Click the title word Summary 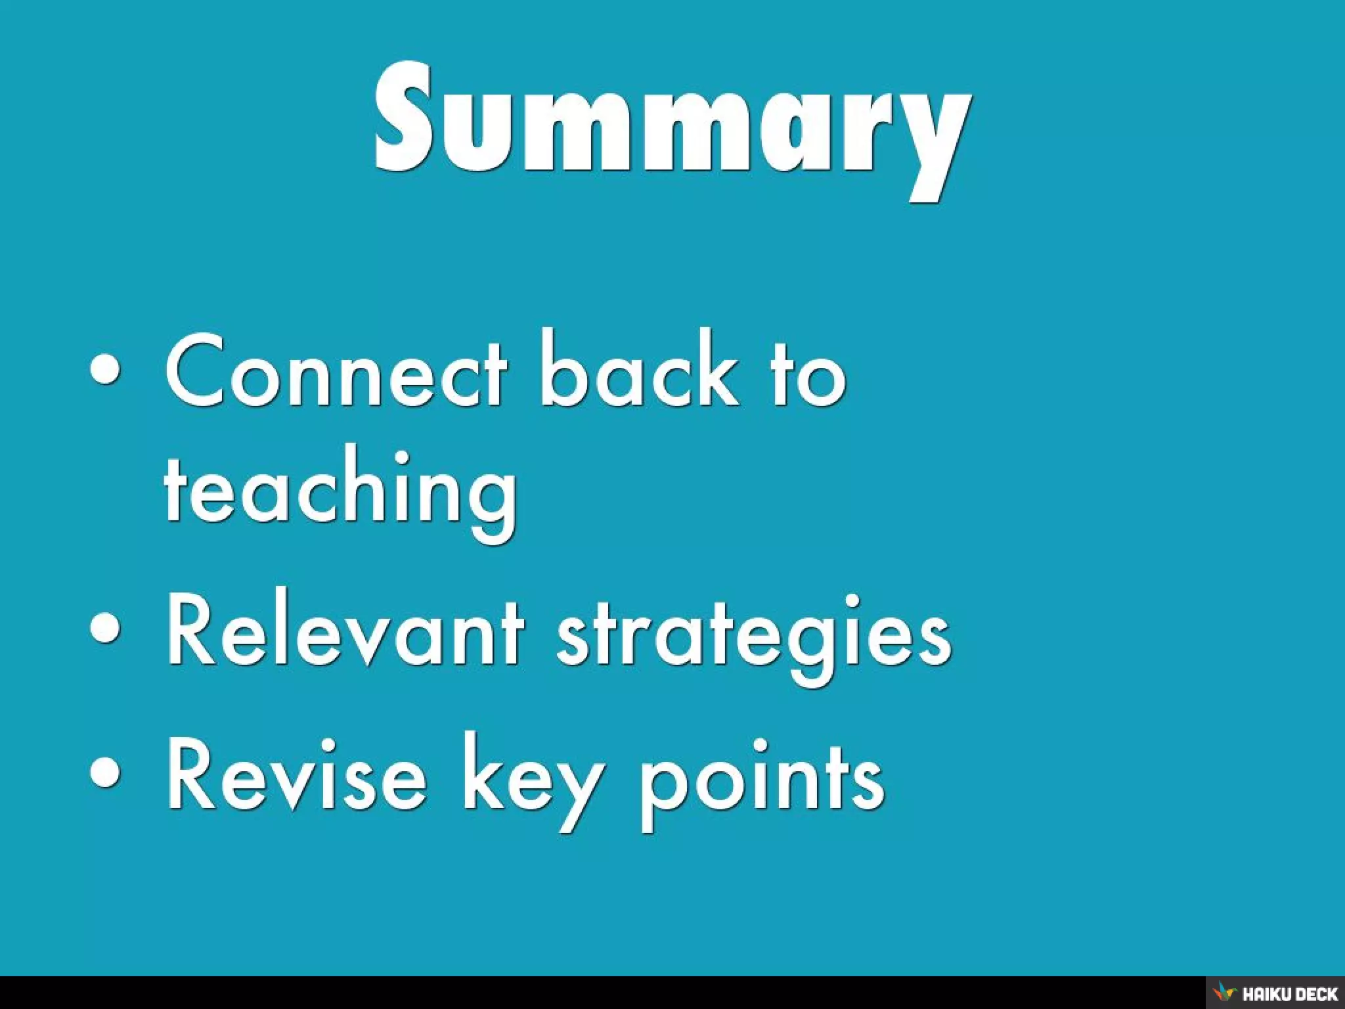tap(672, 122)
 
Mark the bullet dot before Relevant tap(106, 627)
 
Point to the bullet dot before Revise tap(106, 772)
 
